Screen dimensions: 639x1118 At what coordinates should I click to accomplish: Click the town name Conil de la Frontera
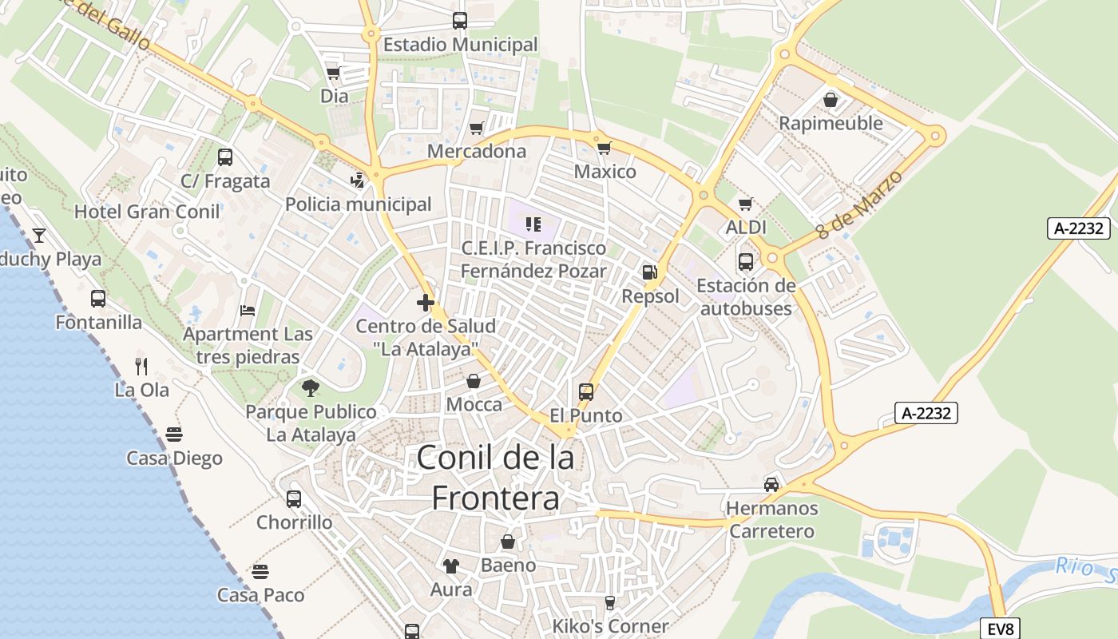[495, 478]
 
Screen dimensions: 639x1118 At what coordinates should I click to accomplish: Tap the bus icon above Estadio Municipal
[460, 21]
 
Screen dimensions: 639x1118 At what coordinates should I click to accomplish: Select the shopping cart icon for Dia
[334, 73]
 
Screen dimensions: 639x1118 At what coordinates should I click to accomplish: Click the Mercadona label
[477, 151]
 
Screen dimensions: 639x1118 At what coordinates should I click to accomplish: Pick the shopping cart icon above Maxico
[605, 148]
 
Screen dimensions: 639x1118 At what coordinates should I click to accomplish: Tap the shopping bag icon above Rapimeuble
[831, 100]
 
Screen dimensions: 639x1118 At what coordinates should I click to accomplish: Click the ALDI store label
[746, 228]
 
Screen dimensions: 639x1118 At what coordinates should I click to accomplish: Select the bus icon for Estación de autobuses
[746, 261]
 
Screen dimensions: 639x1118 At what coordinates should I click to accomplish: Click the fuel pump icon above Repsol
[650, 272]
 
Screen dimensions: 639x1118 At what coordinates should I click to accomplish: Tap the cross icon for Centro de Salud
[426, 303]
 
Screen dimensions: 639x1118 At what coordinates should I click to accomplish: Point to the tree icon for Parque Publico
[311, 388]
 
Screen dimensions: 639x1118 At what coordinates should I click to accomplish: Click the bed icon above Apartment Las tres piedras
[248, 310]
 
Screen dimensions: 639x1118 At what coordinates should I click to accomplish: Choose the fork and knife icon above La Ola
[141, 367]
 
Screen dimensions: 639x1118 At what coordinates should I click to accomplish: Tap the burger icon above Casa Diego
[174, 435]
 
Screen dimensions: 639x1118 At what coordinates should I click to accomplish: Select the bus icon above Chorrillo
[294, 499]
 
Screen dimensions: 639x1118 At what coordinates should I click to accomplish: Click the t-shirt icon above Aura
[451, 566]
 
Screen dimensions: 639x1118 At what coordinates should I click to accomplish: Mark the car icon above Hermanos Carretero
[771, 485]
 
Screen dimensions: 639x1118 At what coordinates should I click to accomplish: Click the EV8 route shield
[1001, 629]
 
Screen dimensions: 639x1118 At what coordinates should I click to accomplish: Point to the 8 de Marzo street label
[860, 204]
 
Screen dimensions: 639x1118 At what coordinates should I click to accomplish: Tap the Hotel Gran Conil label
[147, 212]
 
